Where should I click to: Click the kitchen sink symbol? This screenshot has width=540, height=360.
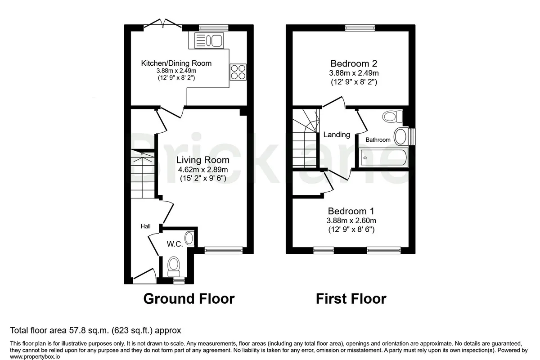(209, 40)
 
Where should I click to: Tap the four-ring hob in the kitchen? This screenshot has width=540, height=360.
(238, 72)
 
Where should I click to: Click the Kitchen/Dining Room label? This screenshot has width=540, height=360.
(176, 63)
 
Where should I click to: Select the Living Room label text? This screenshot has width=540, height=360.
(203, 160)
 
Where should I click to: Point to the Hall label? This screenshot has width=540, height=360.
(146, 226)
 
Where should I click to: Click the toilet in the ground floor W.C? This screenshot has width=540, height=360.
(174, 267)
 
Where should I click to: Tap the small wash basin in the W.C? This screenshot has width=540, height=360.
(189, 238)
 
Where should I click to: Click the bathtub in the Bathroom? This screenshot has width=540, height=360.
(383, 158)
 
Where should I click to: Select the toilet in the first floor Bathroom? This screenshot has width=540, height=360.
(393, 117)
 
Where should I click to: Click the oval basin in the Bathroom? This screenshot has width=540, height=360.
(401, 136)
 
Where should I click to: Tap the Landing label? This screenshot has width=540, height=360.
(337, 135)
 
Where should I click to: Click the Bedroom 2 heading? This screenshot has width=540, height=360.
(354, 63)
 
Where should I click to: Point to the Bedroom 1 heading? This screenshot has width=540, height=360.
(351, 211)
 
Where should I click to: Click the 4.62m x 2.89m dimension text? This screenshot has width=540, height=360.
(203, 170)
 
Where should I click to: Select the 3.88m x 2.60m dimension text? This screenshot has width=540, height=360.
(351, 220)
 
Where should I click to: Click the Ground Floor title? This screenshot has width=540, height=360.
(189, 298)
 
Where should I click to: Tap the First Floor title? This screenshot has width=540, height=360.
(351, 298)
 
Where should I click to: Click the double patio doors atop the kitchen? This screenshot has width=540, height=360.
(162, 24)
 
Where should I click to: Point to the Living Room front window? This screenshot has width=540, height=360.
(224, 250)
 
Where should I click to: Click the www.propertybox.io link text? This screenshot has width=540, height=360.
(35, 356)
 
